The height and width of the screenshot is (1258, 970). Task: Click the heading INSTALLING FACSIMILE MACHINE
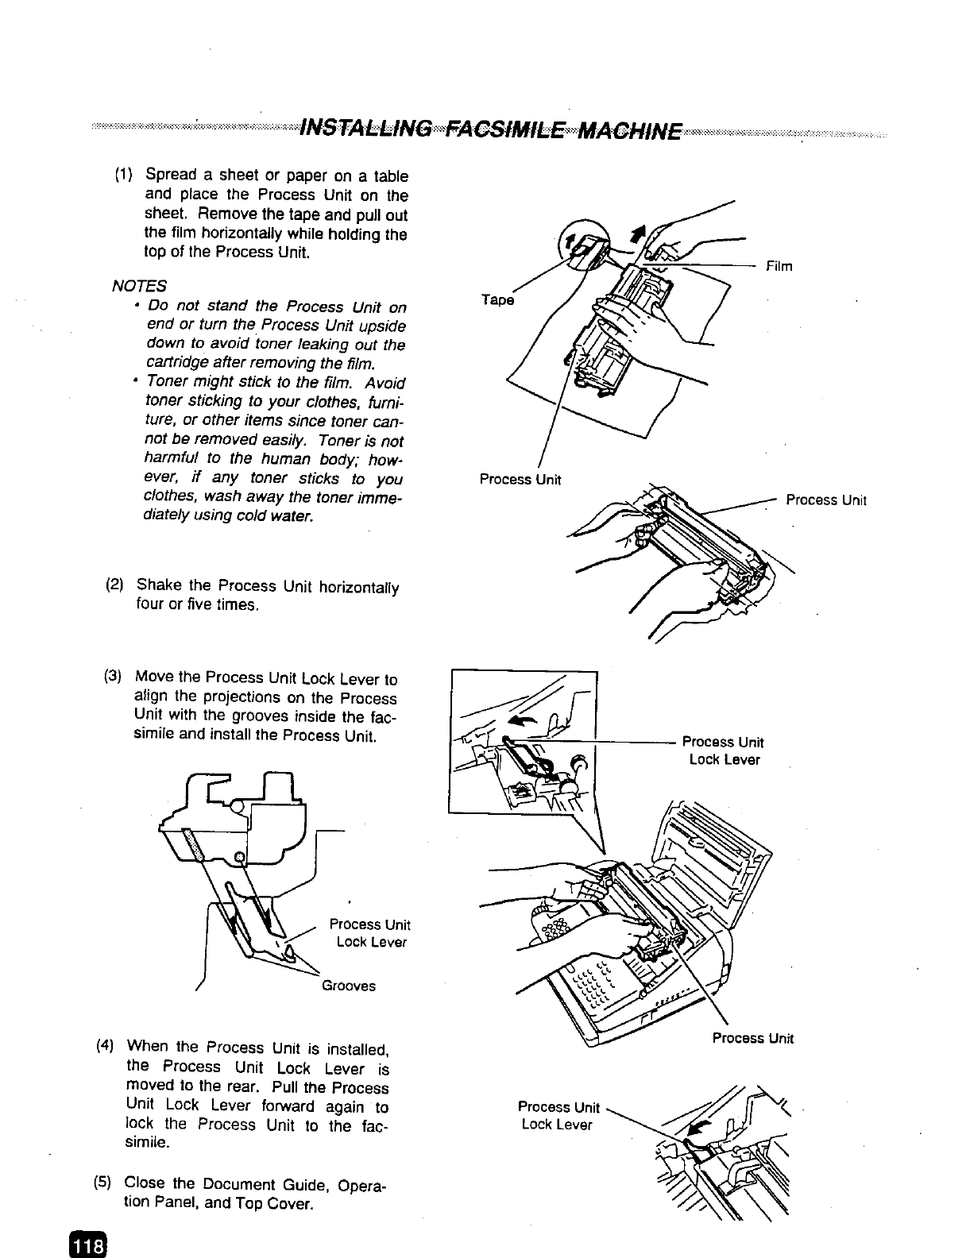(488, 128)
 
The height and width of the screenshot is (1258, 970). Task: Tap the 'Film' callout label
(779, 266)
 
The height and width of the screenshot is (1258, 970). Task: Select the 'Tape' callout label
(498, 300)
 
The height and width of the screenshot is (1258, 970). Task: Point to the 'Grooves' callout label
(348, 986)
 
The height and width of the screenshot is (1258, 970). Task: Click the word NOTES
(140, 285)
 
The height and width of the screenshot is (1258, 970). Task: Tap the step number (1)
(124, 176)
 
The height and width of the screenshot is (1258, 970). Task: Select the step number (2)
(114, 585)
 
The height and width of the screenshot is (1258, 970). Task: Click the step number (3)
(113, 677)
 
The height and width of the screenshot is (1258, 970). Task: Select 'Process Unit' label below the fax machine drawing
(752, 1038)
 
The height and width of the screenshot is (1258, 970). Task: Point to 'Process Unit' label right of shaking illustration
(825, 500)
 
